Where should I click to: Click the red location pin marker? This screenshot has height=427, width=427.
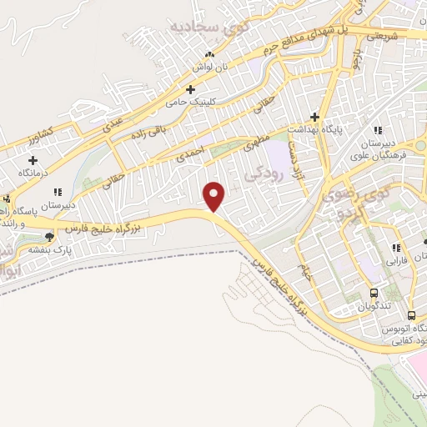[x=215, y=197]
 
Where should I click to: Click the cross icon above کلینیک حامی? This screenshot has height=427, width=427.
[x=191, y=88]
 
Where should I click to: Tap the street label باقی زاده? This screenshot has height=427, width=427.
[x=153, y=130]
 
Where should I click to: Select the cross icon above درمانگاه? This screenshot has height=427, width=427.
[x=33, y=158]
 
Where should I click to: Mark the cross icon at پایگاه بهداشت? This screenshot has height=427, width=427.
[x=315, y=117]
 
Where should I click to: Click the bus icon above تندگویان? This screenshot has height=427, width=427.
[x=373, y=293]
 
